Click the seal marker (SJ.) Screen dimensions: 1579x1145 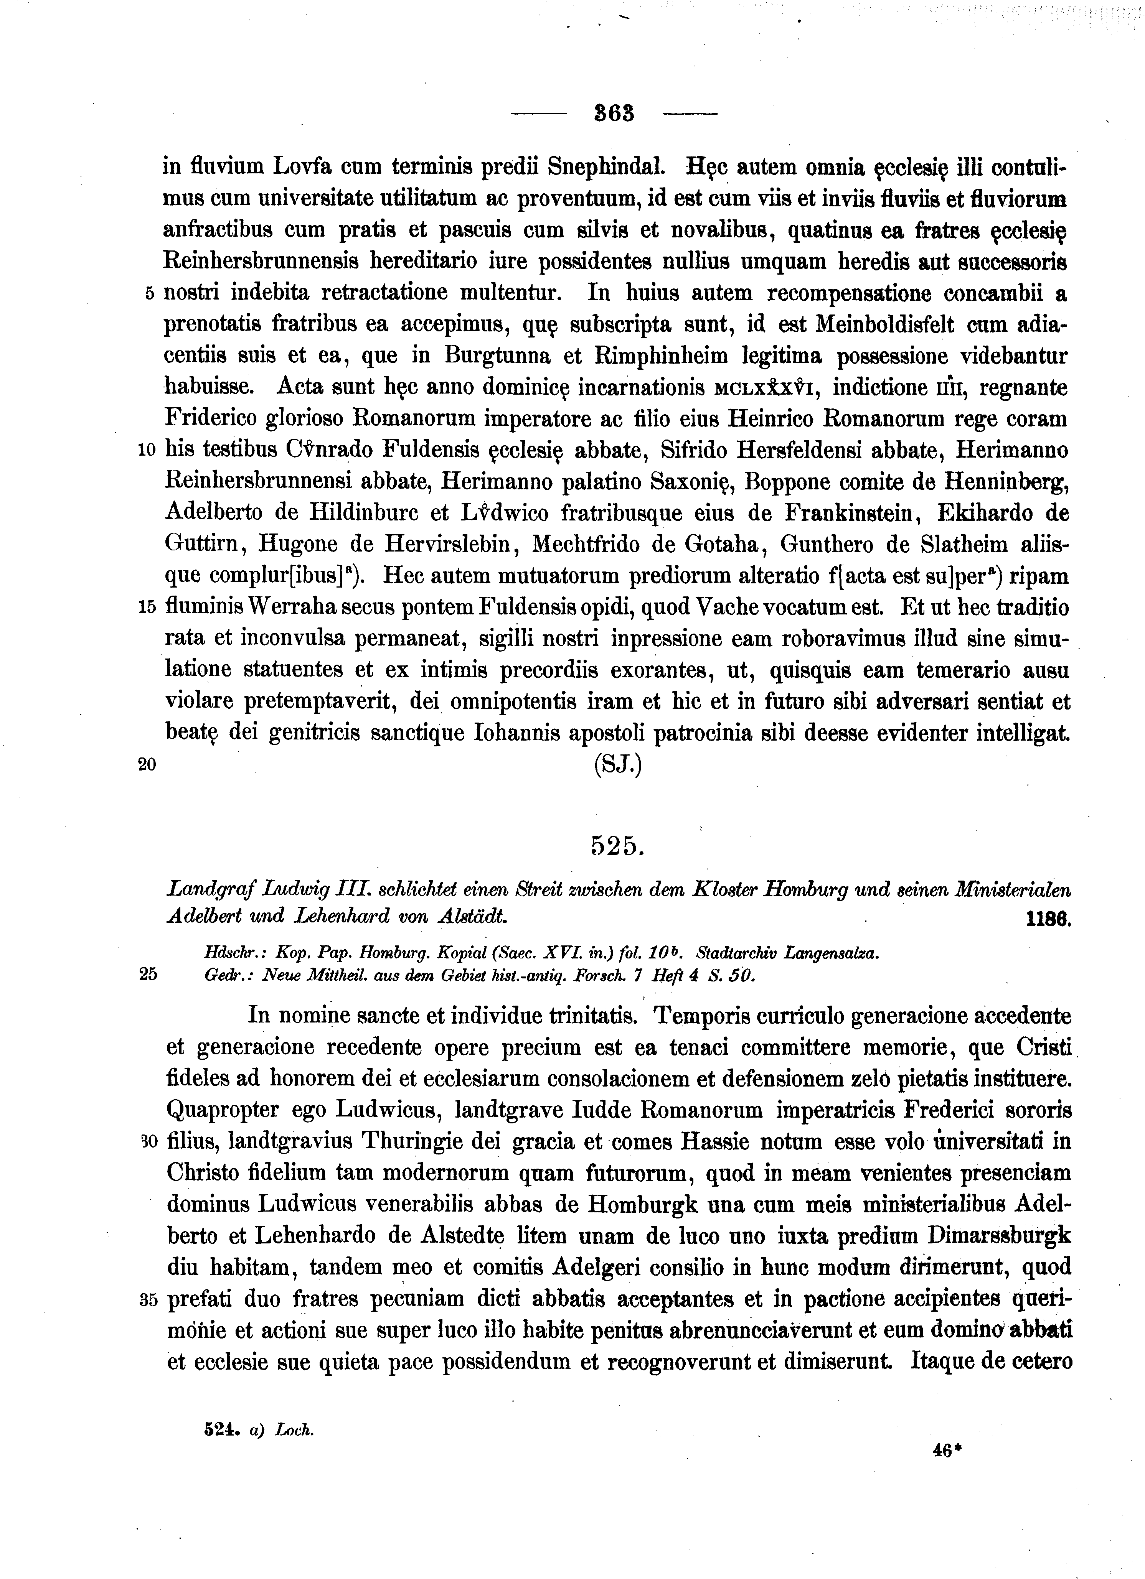[x=617, y=765]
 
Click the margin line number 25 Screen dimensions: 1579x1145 [x=149, y=975]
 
